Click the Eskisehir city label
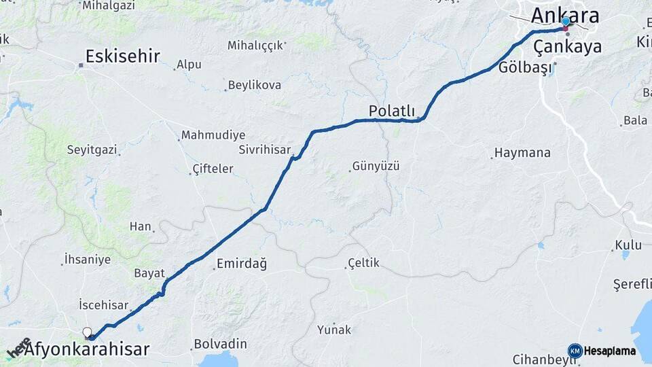(123, 56)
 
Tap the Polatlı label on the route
(391, 110)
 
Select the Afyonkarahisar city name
(87, 349)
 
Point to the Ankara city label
(565, 15)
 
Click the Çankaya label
(567, 46)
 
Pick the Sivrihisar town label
(264, 150)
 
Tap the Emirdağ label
(241, 264)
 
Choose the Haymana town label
(522, 153)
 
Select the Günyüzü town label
(376, 166)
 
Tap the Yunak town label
(334, 330)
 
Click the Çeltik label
(363, 263)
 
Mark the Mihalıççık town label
(255, 46)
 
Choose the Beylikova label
(255, 85)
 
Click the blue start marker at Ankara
(566, 22)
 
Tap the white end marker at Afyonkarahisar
(87, 332)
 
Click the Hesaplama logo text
(609, 351)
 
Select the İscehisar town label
(104, 304)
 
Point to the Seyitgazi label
(92, 149)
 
